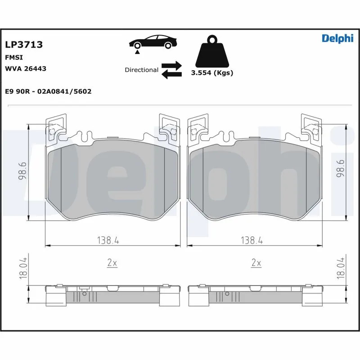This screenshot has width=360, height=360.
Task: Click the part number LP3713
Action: point(24,45)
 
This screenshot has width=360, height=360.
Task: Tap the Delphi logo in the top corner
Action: point(337,38)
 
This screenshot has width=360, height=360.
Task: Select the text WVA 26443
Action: point(26,69)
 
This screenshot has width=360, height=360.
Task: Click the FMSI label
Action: point(14,58)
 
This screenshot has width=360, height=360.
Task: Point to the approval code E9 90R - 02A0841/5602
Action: point(48,91)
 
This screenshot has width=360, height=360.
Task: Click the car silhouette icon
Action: point(153,42)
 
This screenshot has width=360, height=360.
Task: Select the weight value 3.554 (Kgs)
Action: point(212,73)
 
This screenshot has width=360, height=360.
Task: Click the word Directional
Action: point(141,70)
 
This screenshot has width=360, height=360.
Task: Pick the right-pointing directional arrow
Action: point(171,65)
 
